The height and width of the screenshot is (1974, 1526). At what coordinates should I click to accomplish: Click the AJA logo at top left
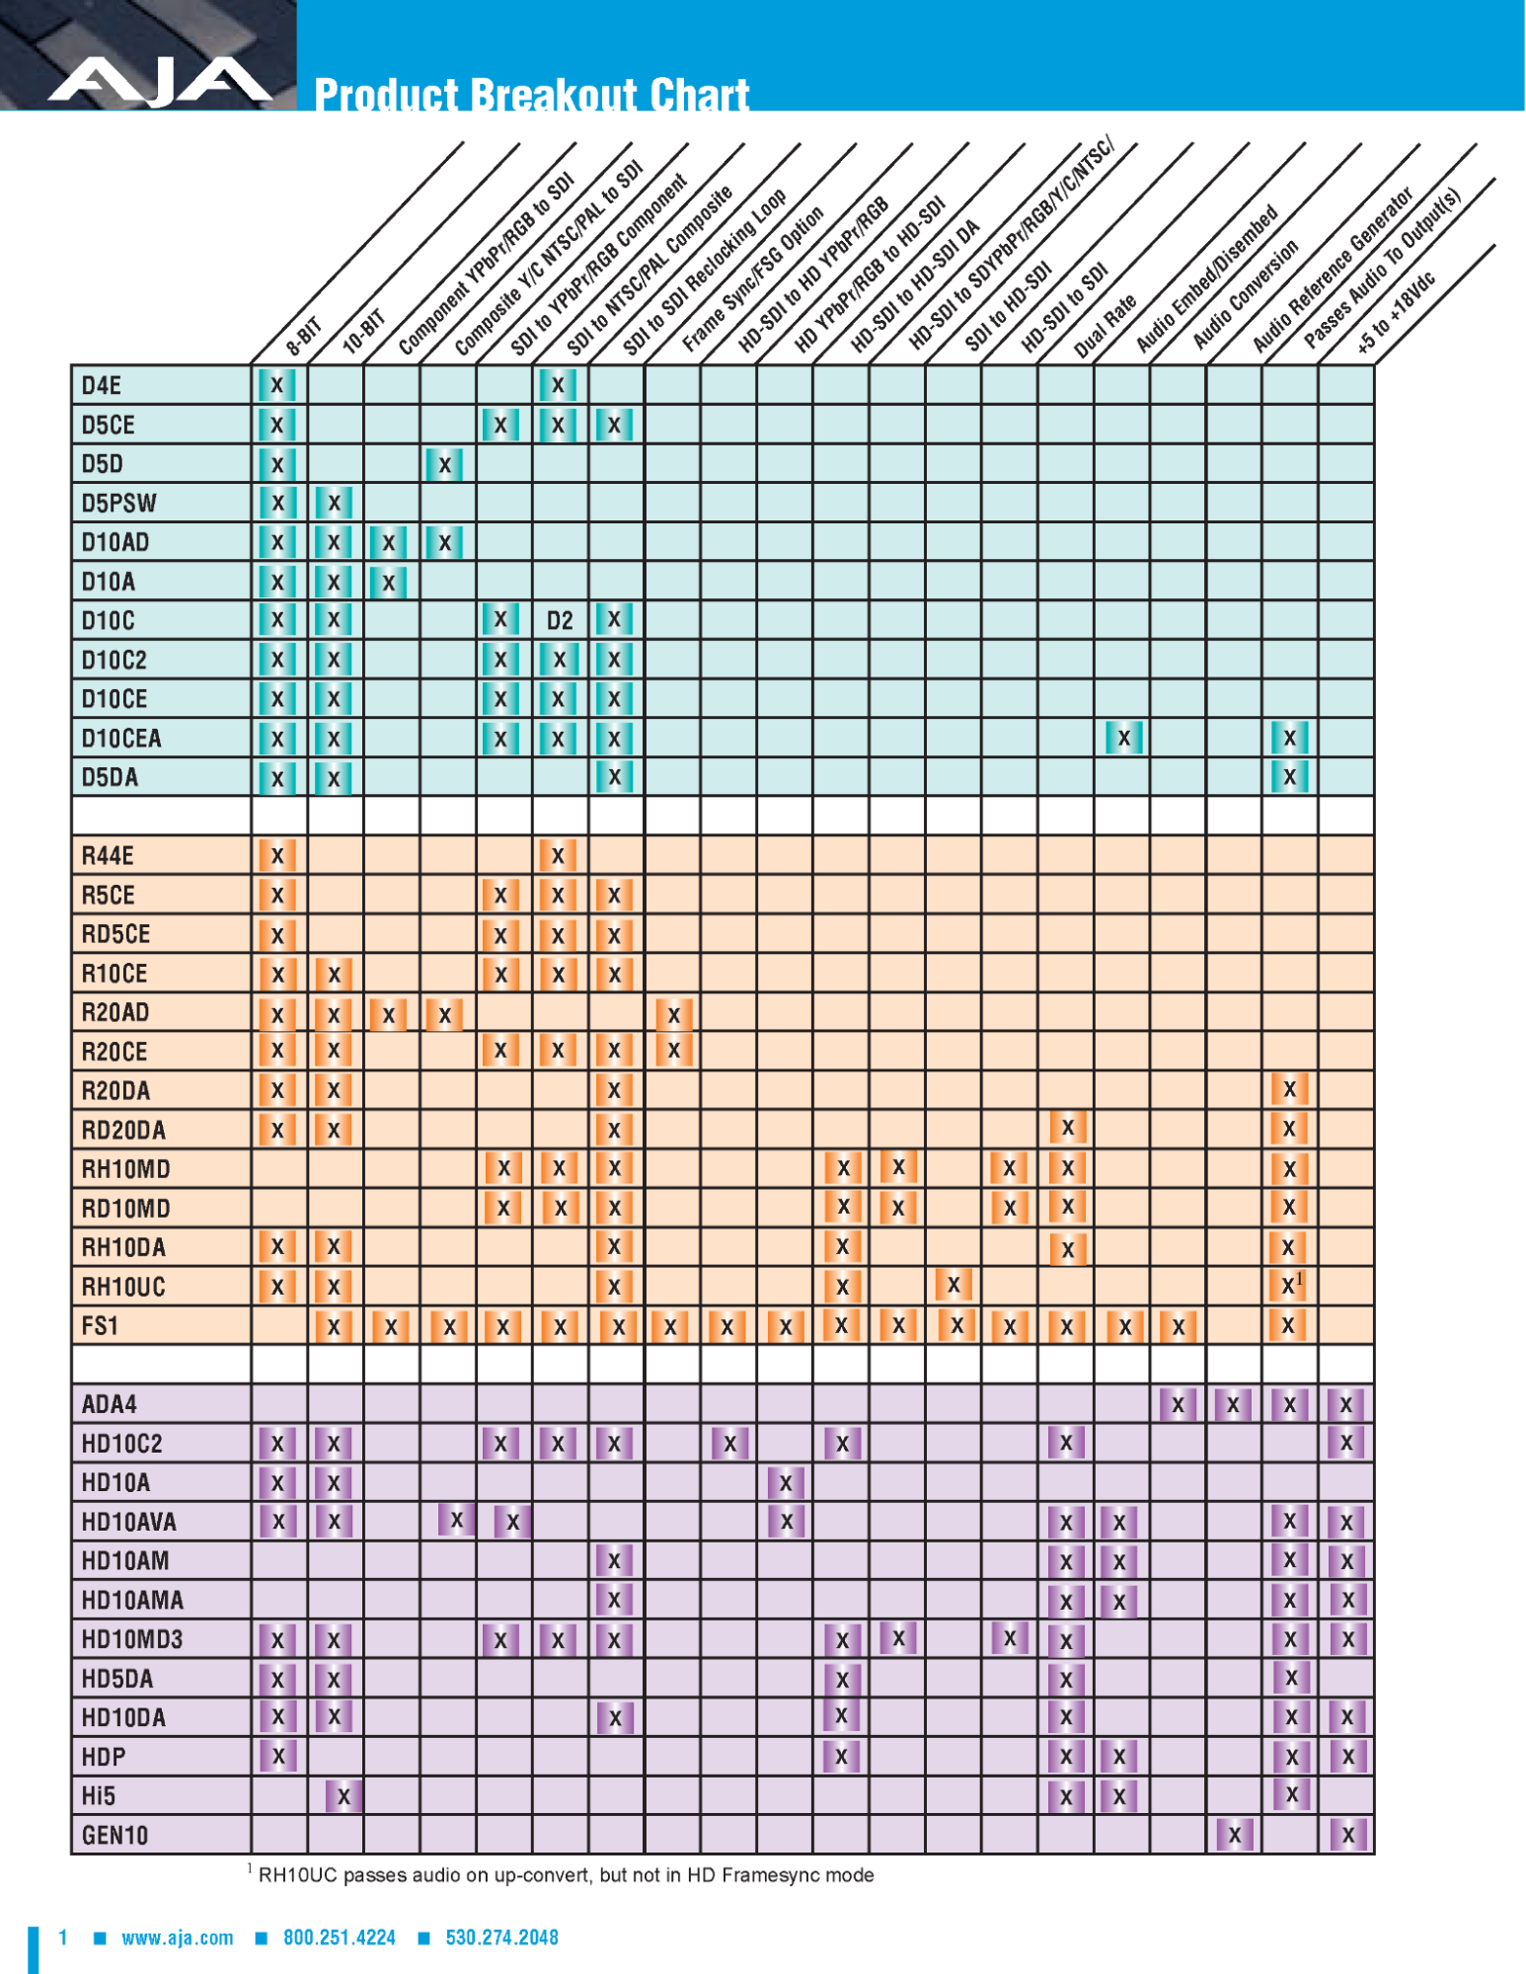(x=160, y=81)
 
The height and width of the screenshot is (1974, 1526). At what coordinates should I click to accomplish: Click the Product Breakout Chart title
(x=531, y=96)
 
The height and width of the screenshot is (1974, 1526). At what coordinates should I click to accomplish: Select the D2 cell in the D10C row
(x=560, y=620)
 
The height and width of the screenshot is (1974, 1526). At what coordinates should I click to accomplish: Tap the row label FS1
(x=100, y=1325)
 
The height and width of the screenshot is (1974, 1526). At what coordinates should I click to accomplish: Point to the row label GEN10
(x=114, y=1835)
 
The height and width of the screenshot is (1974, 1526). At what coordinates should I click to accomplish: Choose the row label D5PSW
(x=118, y=503)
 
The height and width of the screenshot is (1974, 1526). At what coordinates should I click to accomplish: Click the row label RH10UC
(x=123, y=1287)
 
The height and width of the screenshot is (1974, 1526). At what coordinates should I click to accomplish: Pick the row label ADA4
(x=110, y=1403)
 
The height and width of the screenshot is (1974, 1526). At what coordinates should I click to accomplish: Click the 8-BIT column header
(x=303, y=337)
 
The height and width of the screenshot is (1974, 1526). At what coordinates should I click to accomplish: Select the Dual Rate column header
(x=1105, y=326)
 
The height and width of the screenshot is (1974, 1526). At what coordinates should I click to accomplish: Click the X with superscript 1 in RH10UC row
(x=1290, y=1285)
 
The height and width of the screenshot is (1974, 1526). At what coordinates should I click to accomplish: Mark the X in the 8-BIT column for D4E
(x=277, y=385)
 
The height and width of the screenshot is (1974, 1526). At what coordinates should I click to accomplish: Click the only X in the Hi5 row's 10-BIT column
(x=343, y=1795)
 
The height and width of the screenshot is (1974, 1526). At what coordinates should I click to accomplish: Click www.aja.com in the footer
(x=178, y=1937)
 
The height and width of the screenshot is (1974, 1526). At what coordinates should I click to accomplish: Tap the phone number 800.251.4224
(x=339, y=1937)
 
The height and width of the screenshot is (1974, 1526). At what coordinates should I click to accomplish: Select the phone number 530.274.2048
(x=501, y=1937)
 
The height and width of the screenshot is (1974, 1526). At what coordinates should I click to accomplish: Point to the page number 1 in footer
(x=63, y=1937)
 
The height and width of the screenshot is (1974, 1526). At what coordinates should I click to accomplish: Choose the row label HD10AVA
(x=128, y=1521)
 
